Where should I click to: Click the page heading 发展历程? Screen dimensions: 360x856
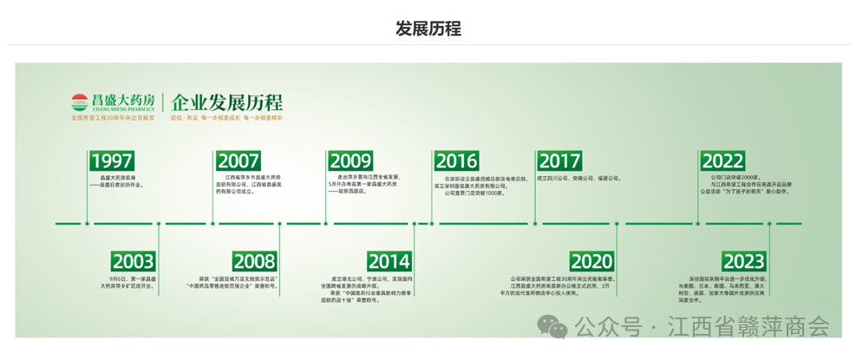click(x=428, y=29)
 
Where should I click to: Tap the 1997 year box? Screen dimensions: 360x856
click(x=112, y=161)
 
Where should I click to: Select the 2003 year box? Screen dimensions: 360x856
click(x=134, y=261)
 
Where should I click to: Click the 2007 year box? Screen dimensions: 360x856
click(x=238, y=161)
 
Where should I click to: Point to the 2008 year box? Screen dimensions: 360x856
click(x=254, y=261)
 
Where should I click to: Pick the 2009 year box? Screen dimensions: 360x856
click(x=350, y=161)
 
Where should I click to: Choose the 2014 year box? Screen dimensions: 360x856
click(x=389, y=261)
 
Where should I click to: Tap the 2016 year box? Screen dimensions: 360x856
click(x=456, y=161)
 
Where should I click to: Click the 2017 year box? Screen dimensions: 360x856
click(x=559, y=161)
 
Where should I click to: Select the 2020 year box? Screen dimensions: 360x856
click(x=591, y=261)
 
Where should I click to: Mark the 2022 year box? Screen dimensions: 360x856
click(x=722, y=161)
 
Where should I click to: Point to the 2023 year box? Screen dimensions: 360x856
click(x=743, y=261)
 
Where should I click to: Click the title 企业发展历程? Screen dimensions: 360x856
click(x=227, y=101)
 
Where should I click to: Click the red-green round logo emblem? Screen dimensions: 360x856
click(x=80, y=102)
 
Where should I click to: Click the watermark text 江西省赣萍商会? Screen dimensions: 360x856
click(x=748, y=327)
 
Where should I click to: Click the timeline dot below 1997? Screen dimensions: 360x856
click(x=88, y=223)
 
